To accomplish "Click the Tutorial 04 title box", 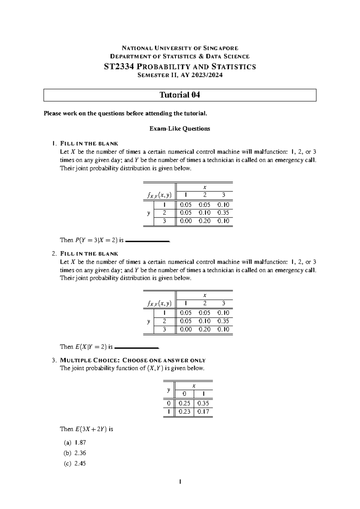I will point(180,95).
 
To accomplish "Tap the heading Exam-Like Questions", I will point(180,129).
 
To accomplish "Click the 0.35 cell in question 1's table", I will point(223,213).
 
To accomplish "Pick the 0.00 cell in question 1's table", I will point(186,221).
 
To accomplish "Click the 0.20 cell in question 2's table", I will point(205,329).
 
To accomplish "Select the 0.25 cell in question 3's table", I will point(184,403).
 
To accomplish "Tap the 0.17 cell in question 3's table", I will point(203,412).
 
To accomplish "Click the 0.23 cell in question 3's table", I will point(184,412).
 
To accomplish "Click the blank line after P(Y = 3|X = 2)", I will point(147,241).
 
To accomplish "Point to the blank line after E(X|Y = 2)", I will point(136,348).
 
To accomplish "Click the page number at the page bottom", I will point(180,482).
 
